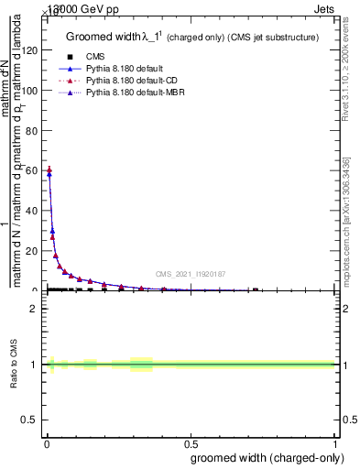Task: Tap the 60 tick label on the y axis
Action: click(x=33, y=170)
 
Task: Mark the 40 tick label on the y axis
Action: click(x=33, y=211)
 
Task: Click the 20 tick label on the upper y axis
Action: click(x=33, y=251)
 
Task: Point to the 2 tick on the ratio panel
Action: click(x=36, y=309)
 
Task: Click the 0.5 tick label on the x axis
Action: click(x=190, y=443)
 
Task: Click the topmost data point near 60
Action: click(x=49, y=169)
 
